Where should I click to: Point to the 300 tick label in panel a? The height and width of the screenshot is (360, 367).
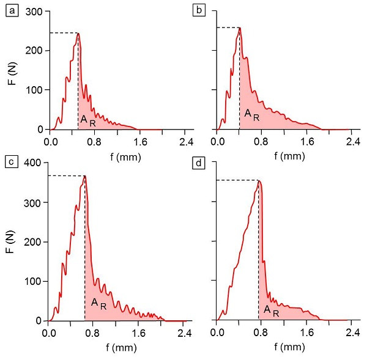34,12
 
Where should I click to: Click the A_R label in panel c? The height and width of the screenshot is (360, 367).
98,303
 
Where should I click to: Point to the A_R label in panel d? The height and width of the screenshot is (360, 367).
272,310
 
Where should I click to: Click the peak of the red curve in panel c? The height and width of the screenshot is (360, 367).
85,176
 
